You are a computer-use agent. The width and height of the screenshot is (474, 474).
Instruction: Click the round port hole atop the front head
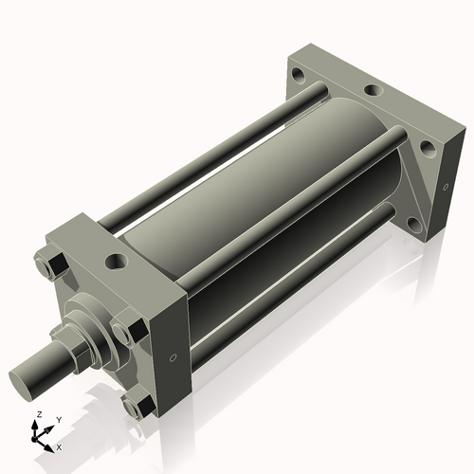(116, 259)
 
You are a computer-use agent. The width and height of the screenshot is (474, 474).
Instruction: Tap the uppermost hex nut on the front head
(51, 262)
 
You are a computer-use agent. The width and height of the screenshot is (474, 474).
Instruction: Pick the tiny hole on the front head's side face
(172, 357)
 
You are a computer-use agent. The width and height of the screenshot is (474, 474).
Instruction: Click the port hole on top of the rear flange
(374, 91)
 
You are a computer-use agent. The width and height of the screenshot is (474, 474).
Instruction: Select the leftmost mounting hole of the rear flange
(300, 74)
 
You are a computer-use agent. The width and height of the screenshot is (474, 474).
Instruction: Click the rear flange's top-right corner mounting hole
(427, 148)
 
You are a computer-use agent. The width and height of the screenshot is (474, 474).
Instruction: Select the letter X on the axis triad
(60, 446)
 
